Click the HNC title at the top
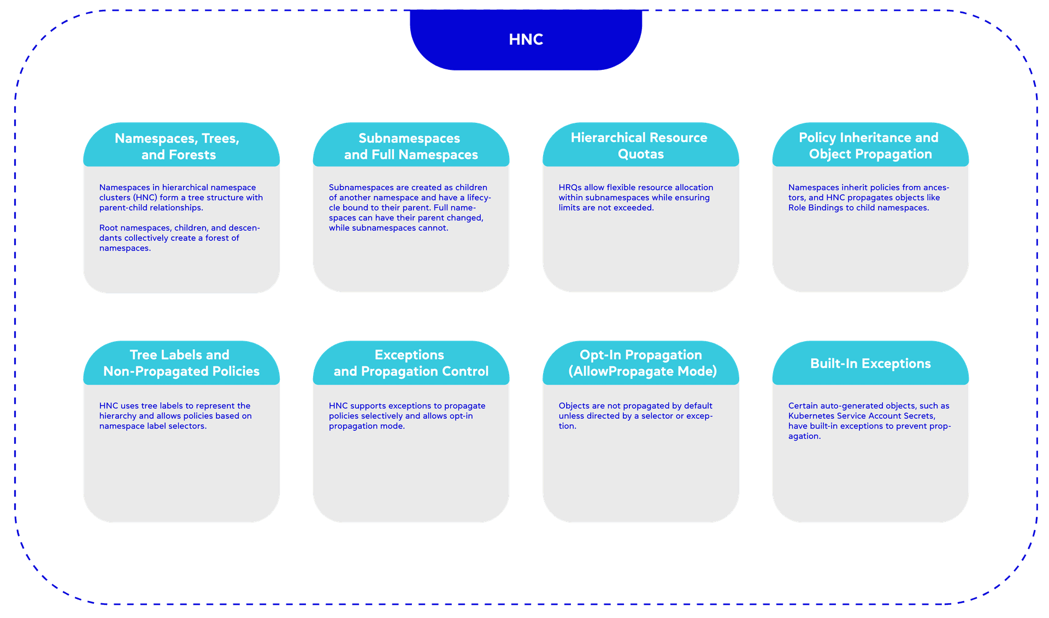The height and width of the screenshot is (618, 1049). pos(526,39)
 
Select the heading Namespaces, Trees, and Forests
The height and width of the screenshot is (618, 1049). pos(178,146)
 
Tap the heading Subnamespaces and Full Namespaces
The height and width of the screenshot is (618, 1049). pos(410,146)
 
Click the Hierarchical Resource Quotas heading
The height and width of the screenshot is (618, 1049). pos(640,146)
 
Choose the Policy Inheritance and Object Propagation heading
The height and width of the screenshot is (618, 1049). pos(869,146)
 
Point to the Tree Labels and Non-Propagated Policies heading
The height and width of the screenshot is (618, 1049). pos(181,363)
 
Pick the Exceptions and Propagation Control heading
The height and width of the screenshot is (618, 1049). pos(410,363)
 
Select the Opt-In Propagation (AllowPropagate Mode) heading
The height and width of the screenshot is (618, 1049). pos(641,363)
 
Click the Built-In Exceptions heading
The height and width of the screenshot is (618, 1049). pos(870,364)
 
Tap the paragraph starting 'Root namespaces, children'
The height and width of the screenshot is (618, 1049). pos(179,238)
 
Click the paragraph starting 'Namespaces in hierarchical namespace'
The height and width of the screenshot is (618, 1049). pos(180,198)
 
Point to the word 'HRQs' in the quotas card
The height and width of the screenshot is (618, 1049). pos(570,188)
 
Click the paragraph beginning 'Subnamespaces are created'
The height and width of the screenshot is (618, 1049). pos(410,207)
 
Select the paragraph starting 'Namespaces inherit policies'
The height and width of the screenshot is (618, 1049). pos(868,198)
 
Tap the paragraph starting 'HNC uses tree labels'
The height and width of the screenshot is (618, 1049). pos(175,416)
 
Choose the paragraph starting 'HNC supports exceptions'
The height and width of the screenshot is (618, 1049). pos(406,416)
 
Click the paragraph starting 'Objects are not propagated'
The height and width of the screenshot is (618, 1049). pos(635,416)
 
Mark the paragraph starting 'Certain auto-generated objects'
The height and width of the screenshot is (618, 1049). pos(869,421)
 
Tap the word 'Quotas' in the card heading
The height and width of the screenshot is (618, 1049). pos(640,154)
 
